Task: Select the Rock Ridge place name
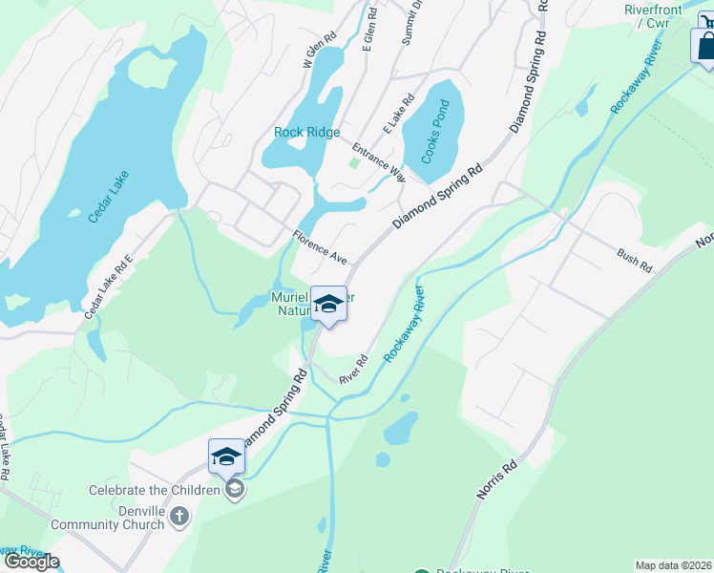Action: click(x=306, y=133)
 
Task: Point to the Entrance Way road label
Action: click(x=379, y=161)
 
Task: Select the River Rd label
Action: click(x=353, y=369)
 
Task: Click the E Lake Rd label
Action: click(x=398, y=114)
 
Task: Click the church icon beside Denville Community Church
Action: click(x=180, y=517)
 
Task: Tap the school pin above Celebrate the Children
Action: click(x=226, y=456)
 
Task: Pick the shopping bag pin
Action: click(x=705, y=45)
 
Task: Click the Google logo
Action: click(x=31, y=562)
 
